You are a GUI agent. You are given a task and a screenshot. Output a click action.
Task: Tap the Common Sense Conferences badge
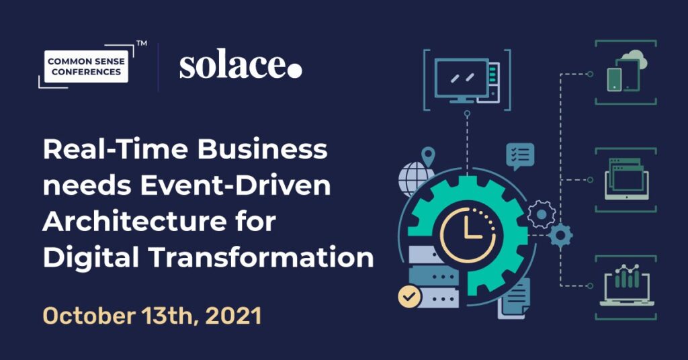87,66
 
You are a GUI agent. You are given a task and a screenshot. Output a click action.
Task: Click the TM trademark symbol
142,44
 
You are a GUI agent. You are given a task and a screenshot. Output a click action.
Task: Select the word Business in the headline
262,150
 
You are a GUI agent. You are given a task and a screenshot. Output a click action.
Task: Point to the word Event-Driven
235,185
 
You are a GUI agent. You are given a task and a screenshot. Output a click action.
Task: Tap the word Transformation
261,257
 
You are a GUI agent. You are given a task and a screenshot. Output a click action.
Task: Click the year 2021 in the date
233,316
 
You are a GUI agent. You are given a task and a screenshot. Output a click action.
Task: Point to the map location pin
428,156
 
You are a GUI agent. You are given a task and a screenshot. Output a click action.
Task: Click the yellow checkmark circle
409,297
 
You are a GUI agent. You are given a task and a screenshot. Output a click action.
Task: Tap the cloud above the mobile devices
634,60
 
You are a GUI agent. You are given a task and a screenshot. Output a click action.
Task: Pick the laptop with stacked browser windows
626,179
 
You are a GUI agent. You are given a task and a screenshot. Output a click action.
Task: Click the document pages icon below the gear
514,299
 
